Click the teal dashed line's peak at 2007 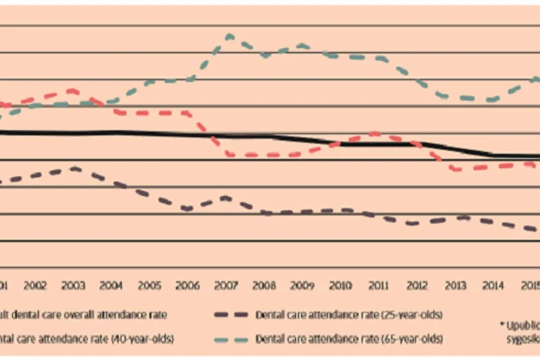[229, 36]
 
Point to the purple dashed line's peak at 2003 [74, 168]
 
